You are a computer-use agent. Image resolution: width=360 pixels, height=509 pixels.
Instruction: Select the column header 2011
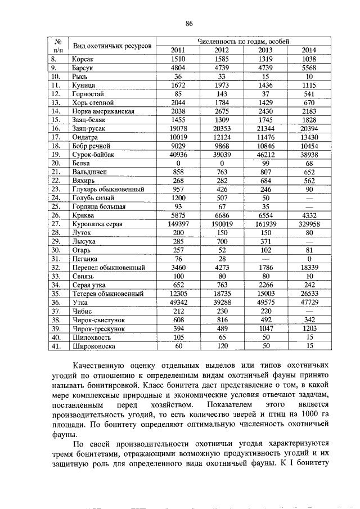177,49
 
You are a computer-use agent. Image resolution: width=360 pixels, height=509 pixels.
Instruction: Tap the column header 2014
309,49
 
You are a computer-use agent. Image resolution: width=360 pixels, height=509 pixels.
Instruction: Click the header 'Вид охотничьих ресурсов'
111,45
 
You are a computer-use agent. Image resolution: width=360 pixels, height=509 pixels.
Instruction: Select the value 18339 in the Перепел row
309,267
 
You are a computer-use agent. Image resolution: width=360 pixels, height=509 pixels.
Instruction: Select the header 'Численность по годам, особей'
243,41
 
